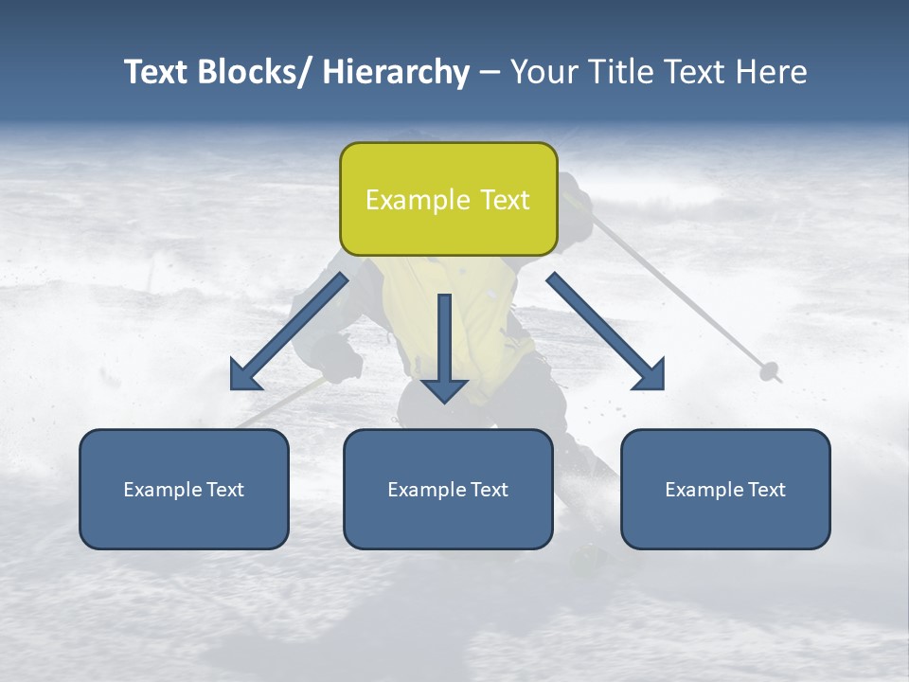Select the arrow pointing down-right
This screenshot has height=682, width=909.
606,332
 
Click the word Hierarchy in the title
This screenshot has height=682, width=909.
396,72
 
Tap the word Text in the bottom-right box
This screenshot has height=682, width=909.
765,490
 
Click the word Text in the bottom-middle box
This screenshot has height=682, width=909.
488,490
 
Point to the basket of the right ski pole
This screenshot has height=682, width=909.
770,371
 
